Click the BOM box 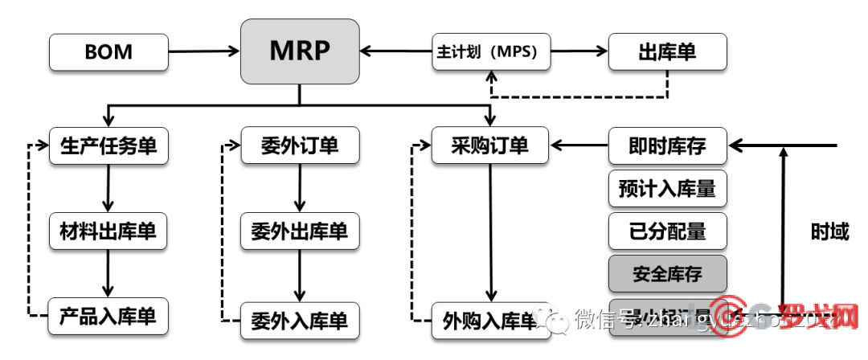pos(108,52)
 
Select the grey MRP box pos(300,51)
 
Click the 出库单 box pos(667,52)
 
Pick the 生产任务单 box pos(108,146)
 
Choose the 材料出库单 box pos(108,231)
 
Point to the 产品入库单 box pos(108,317)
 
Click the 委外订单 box pos(300,146)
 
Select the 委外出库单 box pos(300,231)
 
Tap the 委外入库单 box pos(300,320)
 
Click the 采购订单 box pos(490,146)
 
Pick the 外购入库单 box pos(486,321)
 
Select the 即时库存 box pos(667,146)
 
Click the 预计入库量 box pos(667,190)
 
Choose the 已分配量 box pos(667,231)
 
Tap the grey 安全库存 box pos(667,274)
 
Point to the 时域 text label pos(829,232)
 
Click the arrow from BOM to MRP pos(204,52)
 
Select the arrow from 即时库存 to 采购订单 pos(579,146)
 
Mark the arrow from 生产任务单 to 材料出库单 pos(108,188)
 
